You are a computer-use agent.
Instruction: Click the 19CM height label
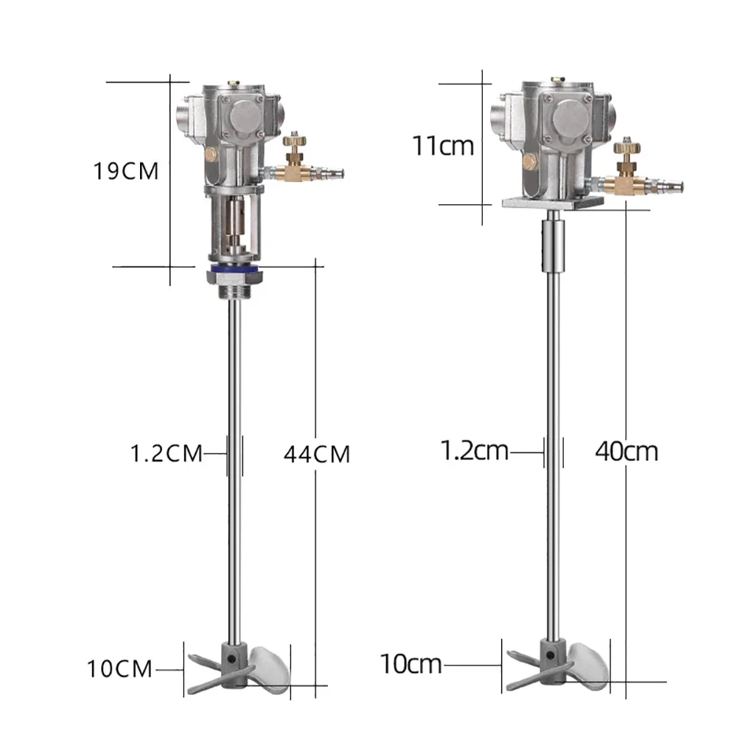click(x=126, y=171)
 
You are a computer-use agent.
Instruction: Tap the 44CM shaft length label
click(x=316, y=453)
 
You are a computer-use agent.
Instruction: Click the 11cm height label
click(x=443, y=145)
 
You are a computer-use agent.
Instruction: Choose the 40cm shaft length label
click(x=626, y=450)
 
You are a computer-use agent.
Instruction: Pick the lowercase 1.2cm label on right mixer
click(x=475, y=450)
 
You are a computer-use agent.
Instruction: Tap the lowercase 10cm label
click(x=411, y=664)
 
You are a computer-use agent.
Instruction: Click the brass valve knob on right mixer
click(x=626, y=147)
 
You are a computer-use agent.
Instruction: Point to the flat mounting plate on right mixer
click(x=552, y=201)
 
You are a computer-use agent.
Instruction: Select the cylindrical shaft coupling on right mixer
click(x=552, y=247)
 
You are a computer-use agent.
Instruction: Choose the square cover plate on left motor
click(x=243, y=117)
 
